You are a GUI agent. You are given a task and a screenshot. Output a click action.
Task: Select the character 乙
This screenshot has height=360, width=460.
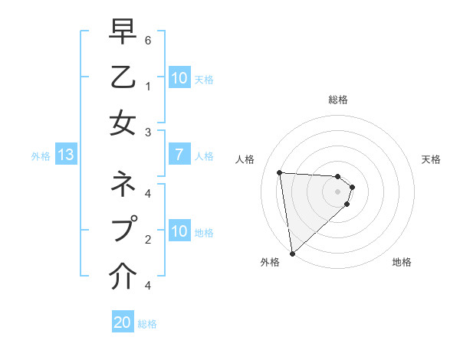[123, 78]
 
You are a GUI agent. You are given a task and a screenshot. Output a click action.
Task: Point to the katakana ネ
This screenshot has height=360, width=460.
[123, 185]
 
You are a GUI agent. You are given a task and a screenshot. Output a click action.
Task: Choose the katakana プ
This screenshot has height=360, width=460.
[123, 229]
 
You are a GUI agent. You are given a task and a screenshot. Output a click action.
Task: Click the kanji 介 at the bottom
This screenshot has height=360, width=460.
[123, 273]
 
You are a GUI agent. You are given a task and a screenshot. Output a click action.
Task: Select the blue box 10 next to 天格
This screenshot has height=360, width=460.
[179, 78]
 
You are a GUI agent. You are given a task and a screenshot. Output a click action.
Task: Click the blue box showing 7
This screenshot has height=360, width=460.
[179, 155]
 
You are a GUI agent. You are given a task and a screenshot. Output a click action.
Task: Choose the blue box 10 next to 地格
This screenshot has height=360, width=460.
[179, 231]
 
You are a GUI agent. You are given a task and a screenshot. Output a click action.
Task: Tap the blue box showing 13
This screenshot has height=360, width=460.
[66, 155]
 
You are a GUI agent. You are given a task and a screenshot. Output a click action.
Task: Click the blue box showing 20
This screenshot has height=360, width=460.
[123, 322]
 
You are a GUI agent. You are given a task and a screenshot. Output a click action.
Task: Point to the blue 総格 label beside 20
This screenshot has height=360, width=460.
[147, 324]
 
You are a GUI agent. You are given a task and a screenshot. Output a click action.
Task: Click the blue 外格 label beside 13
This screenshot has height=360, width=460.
[41, 156]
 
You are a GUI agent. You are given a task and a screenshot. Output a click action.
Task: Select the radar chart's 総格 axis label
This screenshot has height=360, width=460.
[337, 100]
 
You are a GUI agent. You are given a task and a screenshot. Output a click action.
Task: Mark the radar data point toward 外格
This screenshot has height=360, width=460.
[292, 253]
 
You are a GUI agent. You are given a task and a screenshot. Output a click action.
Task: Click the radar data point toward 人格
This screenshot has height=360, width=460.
[280, 172]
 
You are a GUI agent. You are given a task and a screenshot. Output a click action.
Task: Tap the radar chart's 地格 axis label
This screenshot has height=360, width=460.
[402, 263]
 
